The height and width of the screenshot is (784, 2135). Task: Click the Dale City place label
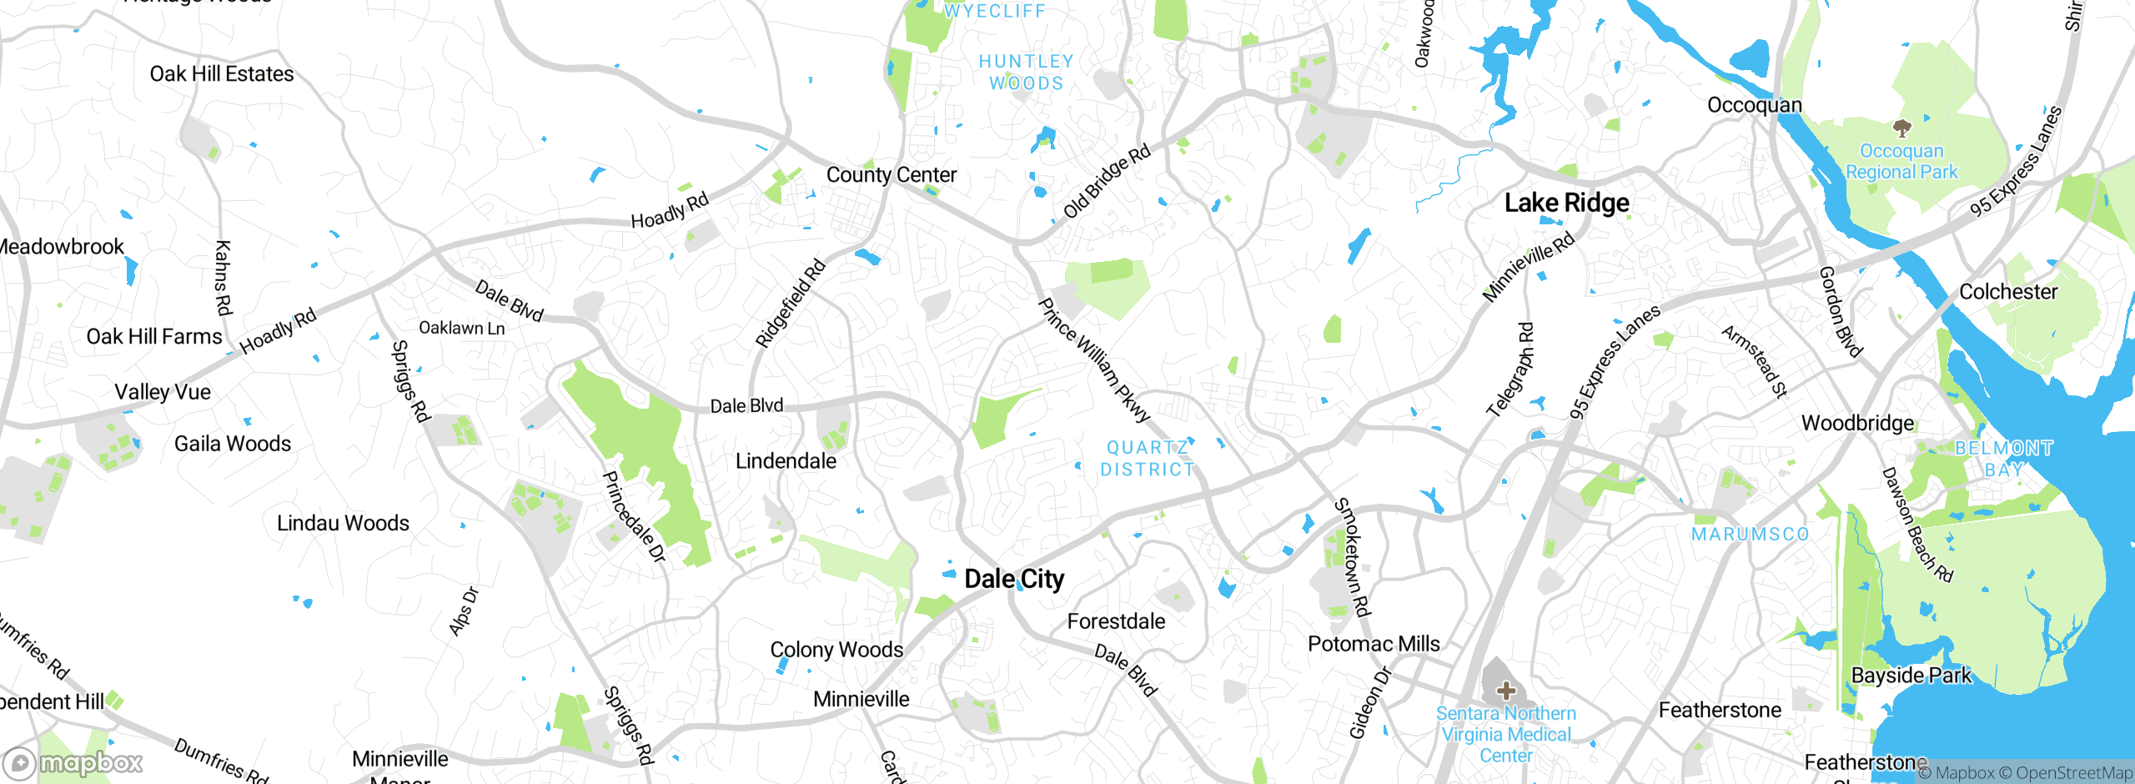pyautogui.click(x=1014, y=579)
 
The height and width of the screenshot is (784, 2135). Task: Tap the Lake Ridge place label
pyautogui.click(x=1566, y=203)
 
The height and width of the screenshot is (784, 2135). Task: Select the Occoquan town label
pyautogui.click(x=1755, y=105)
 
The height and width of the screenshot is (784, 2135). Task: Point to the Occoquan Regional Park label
pyautogui.click(x=1901, y=162)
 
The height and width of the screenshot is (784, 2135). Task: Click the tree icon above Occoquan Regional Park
pyautogui.click(x=1901, y=128)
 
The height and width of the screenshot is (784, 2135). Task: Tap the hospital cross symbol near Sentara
pyautogui.click(x=1506, y=691)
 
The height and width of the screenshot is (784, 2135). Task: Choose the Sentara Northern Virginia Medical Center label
pyautogui.click(x=1506, y=734)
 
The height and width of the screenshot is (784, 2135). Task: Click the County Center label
pyautogui.click(x=892, y=175)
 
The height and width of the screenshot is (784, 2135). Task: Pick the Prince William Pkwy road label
pyautogui.click(x=1094, y=359)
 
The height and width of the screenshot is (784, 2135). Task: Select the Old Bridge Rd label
pyautogui.click(x=1108, y=181)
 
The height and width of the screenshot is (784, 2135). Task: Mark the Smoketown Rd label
pyautogui.click(x=1352, y=556)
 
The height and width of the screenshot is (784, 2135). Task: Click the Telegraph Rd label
pyautogui.click(x=1510, y=369)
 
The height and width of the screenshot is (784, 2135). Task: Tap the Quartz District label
pyautogui.click(x=1148, y=459)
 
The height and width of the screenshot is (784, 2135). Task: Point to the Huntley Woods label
pyautogui.click(x=1027, y=73)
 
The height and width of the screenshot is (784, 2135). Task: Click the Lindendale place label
pyautogui.click(x=786, y=461)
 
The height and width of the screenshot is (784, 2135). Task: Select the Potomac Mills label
pyautogui.click(x=1374, y=644)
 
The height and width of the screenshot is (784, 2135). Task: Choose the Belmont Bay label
pyautogui.click(x=2004, y=459)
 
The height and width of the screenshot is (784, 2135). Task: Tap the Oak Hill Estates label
pyautogui.click(x=222, y=74)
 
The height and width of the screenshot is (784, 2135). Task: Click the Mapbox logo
pyautogui.click(x=73, y=763)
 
